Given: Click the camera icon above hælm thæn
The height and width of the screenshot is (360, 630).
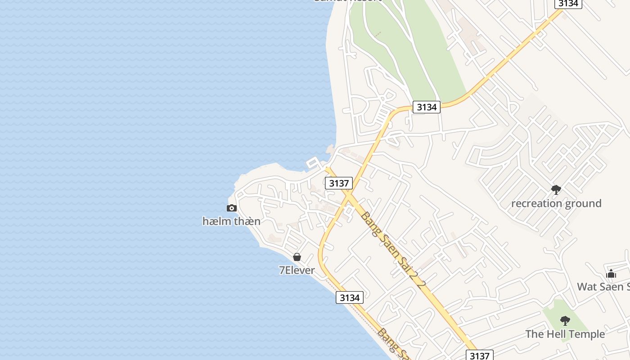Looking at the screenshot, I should (x=232, y=208).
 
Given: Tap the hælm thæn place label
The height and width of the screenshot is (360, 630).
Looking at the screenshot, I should (x=231, y=221).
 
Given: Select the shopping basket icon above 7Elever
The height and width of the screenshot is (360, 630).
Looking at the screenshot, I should (x=297, y=257).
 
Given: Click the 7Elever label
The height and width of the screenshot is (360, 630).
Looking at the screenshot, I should (x=297, y=270).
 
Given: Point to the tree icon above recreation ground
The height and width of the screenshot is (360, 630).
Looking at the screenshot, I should (x=556, y=190).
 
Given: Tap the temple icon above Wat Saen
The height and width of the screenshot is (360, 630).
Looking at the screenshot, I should (x=611, y=274).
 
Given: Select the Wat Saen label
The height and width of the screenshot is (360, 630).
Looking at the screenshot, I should (x=603, y=287).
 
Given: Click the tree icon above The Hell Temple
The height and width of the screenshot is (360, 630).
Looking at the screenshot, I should (x=565, y=321).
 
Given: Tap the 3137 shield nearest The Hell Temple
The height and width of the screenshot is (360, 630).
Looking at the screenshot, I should (x=479, y=355).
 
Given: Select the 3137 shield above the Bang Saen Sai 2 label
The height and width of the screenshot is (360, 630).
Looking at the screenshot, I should (x=339, y=183).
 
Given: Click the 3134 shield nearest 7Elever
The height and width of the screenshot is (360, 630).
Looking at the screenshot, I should (x=350, y=297).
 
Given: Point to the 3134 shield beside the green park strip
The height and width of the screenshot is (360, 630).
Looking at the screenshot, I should (x=426, y=107).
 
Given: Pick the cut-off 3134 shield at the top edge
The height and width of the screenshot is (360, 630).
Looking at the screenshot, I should (x=568, y=4).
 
